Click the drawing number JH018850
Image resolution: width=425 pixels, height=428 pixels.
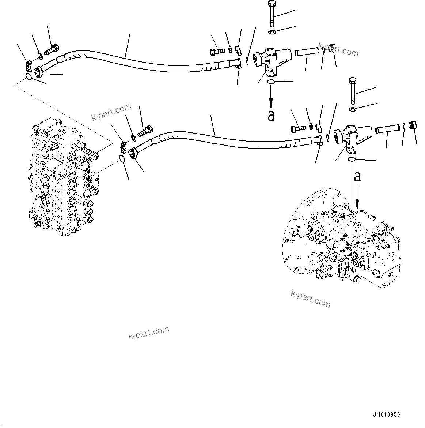pos(386,414)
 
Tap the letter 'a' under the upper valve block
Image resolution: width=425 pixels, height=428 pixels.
pos(271,116)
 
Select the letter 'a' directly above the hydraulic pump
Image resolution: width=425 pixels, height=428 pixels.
pos(357,177)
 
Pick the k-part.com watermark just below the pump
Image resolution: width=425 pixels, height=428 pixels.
pos(310,299)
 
